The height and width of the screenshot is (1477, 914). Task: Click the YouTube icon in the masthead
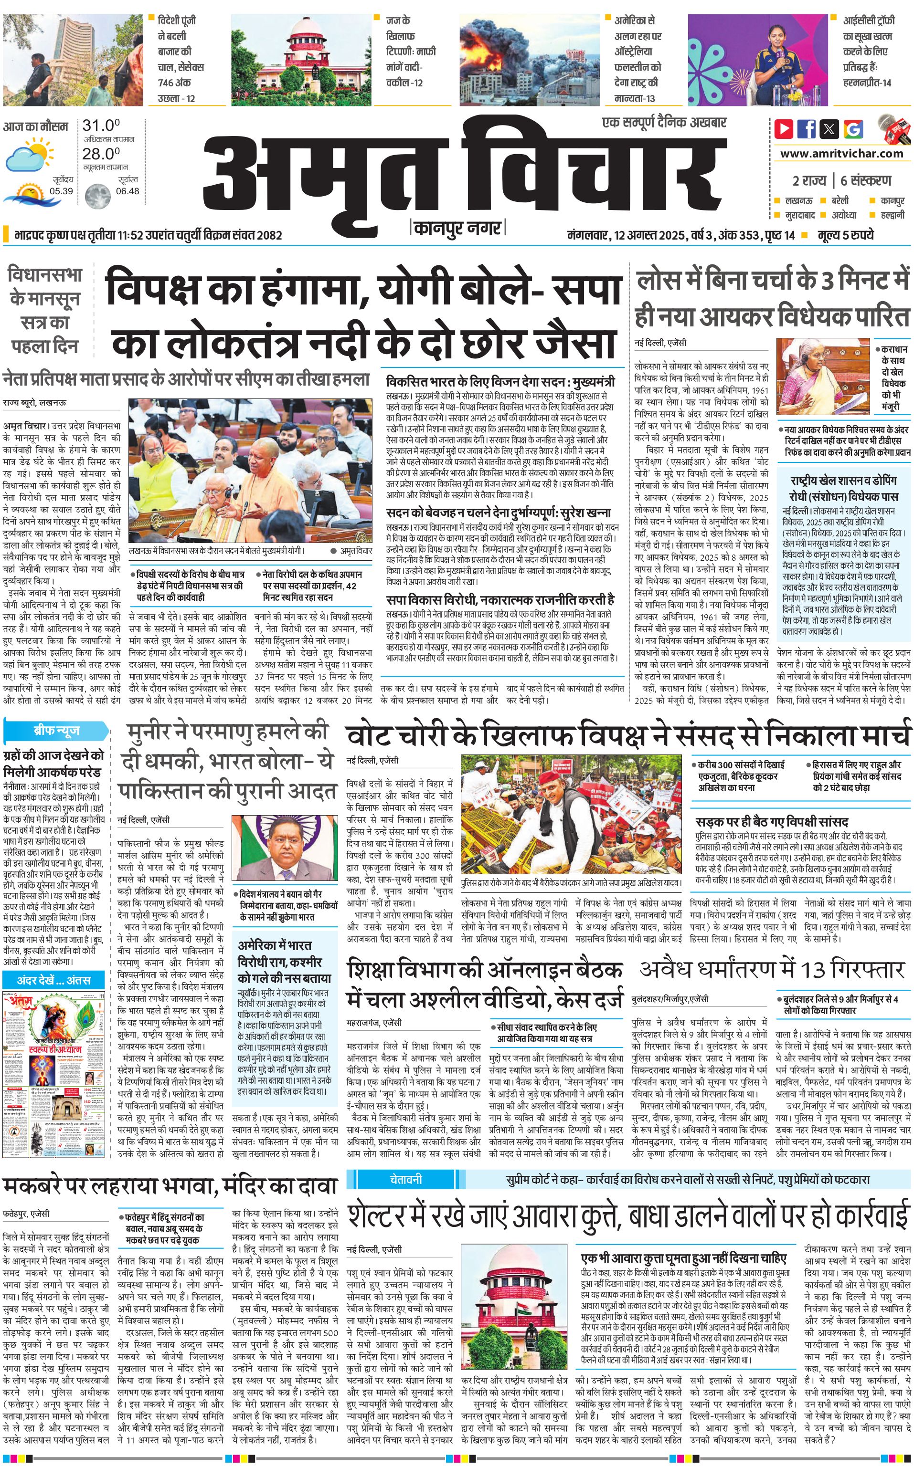click(x=784, y=129)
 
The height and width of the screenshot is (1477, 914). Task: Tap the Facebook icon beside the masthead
click(x=807, y=129)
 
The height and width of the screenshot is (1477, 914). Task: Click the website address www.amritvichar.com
click(x=841, y=154)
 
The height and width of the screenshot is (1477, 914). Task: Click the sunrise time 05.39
click(x=61, y=191)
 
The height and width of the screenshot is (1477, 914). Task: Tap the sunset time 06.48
click(x=128, y=191)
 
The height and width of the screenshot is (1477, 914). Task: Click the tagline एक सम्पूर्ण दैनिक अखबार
click(x=664, y=123)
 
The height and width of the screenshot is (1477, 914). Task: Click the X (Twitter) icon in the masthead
click(x=829, y=129)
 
